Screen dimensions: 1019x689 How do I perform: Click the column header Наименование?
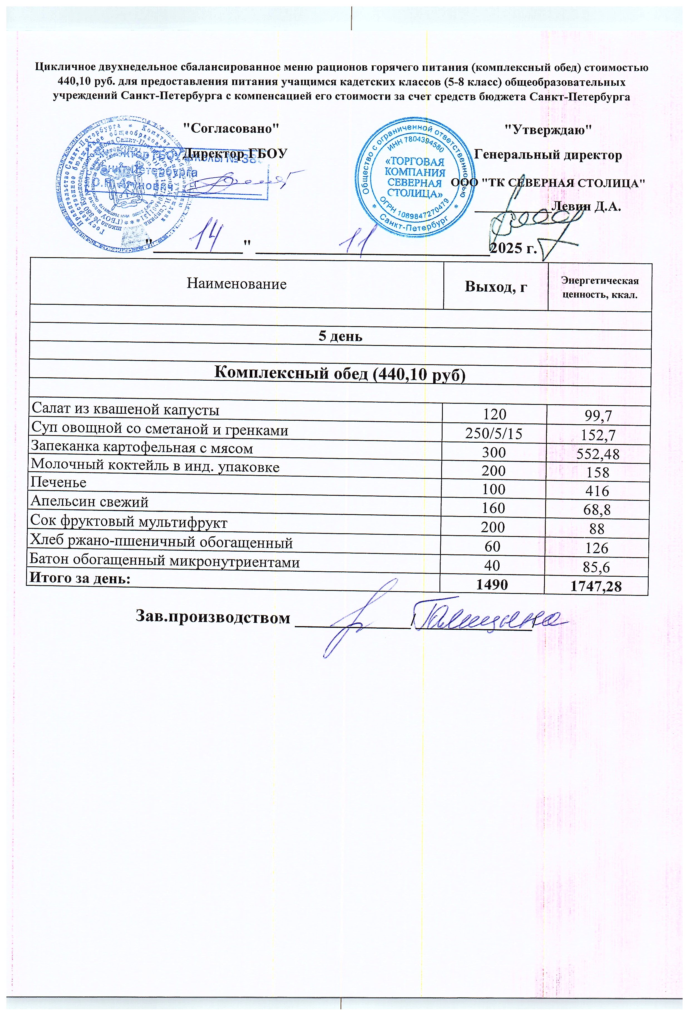[x=236, y=284]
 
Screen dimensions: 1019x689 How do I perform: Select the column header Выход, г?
[x=496, y=287]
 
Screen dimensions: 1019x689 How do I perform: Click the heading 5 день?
[x=340, y=336]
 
